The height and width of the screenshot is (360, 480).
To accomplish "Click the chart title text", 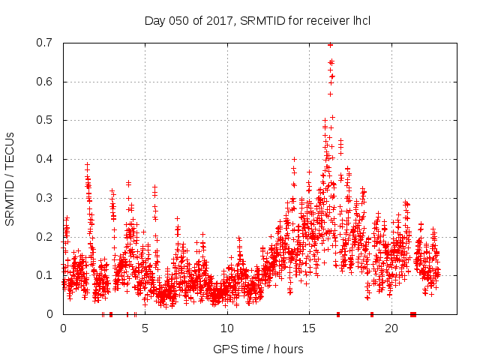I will (x=257, y=20).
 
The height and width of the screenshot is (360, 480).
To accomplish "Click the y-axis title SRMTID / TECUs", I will (x=10, y=178).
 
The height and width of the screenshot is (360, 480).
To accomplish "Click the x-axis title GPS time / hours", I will (x=258, y=349).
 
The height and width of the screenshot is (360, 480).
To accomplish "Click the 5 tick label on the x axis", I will (x=145, y=328).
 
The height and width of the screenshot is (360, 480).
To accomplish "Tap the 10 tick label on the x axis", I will (x=227, y=328).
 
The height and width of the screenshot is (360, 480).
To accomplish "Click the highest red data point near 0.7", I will (x=330, y=45).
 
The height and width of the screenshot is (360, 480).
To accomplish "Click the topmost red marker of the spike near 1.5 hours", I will (x=87, y=164).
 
